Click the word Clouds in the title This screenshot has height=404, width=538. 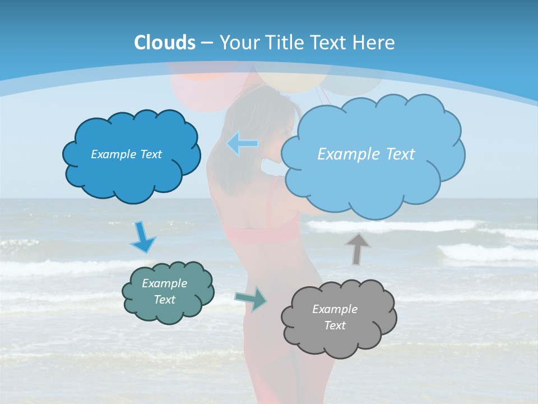point(164,43)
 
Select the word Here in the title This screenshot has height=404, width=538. point(374,43)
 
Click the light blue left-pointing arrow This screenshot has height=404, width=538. point(243,144)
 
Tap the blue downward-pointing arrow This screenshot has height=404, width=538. point(143,237)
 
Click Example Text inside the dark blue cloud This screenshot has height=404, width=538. point(126,154)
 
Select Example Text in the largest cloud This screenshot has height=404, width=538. point(366,154)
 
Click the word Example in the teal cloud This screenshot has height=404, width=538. point(164,283)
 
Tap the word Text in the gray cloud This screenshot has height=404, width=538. point(335,325)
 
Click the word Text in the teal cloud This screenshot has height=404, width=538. point(164,300)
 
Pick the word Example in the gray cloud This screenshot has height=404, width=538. point(335,309)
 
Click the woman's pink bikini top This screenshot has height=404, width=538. point(263,230)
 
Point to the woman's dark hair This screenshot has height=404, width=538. point(247,118)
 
